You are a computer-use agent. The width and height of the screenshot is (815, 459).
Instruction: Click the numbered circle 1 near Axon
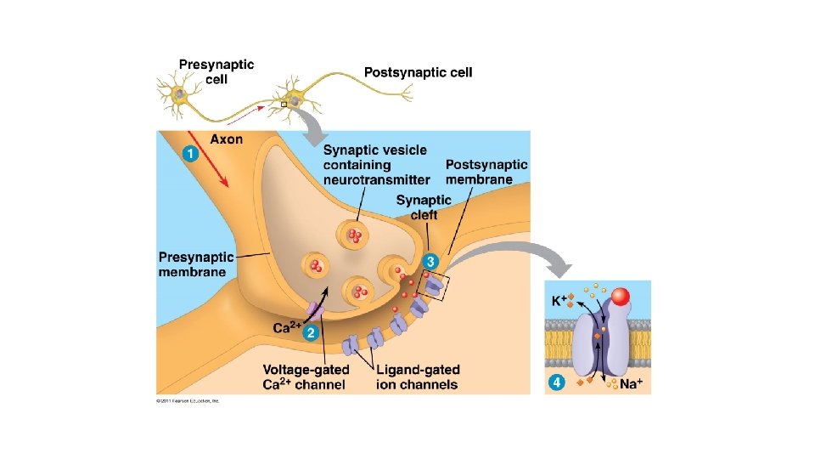190,154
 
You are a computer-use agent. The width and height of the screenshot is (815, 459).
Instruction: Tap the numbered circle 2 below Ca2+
312,333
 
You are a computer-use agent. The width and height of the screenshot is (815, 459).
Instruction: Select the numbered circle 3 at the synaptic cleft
431,260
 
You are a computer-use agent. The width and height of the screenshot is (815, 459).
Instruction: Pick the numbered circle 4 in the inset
557,383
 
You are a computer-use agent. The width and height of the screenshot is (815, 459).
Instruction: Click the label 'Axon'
227,139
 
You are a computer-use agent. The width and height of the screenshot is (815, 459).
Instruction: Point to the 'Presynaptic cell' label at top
216,71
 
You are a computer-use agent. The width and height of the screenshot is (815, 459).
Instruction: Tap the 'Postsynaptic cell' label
418,72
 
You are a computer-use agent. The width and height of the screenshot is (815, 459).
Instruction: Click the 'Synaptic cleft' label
424,207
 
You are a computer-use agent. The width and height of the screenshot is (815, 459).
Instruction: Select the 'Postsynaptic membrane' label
486,172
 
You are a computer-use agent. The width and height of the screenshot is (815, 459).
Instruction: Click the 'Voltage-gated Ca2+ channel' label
303,377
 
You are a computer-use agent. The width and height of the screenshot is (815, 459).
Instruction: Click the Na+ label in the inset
630,384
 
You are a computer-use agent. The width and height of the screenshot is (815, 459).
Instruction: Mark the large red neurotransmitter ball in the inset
621,297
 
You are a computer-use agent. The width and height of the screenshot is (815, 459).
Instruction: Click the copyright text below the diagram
188,399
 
